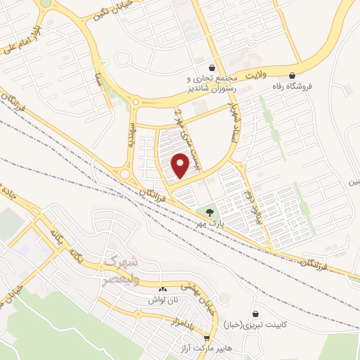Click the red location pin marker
pos(181,165)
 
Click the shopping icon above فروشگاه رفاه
pos(292,75)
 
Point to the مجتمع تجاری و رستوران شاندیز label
pos(210,84)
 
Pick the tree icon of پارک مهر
pos(209,212)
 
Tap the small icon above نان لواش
pos(163,289)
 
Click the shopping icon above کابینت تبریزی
pos(254,314)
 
